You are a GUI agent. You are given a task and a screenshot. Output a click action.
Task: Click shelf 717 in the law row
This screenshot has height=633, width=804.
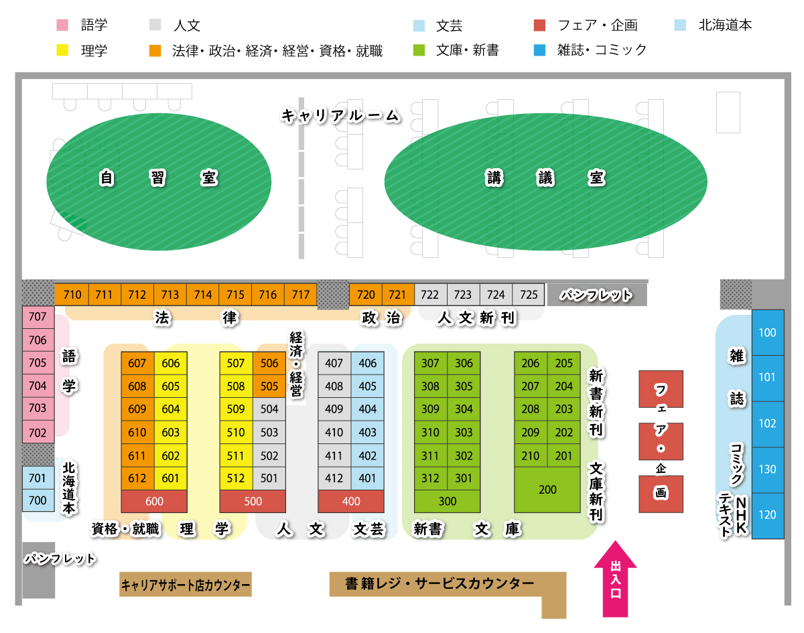pyautogui.click(x=301, y=295)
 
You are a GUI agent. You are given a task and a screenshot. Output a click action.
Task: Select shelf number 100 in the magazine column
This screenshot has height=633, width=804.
pyautogui.click(x=767, y=333)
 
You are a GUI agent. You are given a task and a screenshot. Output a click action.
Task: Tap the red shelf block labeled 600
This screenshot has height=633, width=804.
pyautogui.click(x=154, y=501)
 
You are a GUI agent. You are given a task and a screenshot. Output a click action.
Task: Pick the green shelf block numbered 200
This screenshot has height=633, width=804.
pyautogui.click(x=547, y=490)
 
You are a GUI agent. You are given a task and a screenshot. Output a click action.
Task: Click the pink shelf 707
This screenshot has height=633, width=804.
pyautogui.click(x=38, y=317)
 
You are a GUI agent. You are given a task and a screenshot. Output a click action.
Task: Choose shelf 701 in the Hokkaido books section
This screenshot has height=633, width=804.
pyautogui.click(x=38, y=478)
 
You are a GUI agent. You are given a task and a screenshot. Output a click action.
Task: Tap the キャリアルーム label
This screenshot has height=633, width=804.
pyautogui.click(x=340, y=116)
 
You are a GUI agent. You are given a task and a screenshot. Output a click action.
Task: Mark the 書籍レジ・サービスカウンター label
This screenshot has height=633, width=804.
pyautogui.click(x=440, y=584)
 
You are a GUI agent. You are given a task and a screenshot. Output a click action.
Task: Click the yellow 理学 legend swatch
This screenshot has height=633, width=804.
pyautogui.click(x=62, y=50)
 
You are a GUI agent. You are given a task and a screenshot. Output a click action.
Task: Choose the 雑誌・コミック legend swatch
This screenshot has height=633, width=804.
pyautogui.click(x=539, y=50)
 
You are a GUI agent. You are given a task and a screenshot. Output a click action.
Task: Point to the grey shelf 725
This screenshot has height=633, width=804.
pyautogui.click(x=529, y=295)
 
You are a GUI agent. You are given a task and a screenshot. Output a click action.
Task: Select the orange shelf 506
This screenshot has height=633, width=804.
pyautogui.click(x=269, y=363)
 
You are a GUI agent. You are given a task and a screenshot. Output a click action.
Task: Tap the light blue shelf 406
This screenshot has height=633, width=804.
pyautogui.click(x=368, y=363)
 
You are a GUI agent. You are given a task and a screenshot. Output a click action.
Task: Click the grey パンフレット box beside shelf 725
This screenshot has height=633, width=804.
pyautogui.click(x=596, y=295)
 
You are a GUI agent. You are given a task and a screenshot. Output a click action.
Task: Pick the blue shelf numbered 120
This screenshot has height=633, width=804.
pyautogui.click(x=767, y=515)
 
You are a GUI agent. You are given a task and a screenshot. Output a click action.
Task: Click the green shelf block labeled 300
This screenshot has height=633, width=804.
pyautogui.click(x=447, y=501)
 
